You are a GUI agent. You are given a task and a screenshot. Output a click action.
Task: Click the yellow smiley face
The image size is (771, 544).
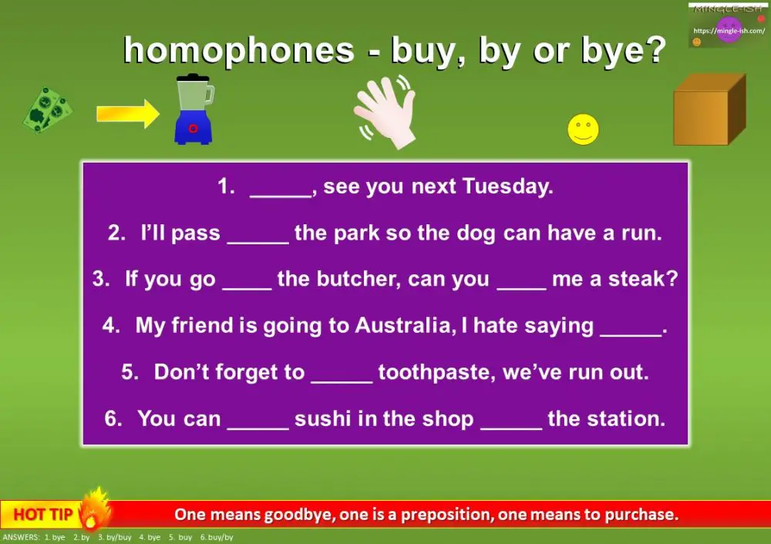(x=583, y=129)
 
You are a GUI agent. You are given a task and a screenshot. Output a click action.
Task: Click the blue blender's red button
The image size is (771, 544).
(x=194, y=128)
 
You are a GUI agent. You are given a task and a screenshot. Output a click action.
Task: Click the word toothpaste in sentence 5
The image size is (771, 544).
(x=435, y=372)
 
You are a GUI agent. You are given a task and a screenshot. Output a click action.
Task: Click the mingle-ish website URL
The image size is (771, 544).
(x=729, y=31)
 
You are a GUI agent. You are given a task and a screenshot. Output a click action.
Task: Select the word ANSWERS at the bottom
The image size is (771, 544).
(x=22, y=537)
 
